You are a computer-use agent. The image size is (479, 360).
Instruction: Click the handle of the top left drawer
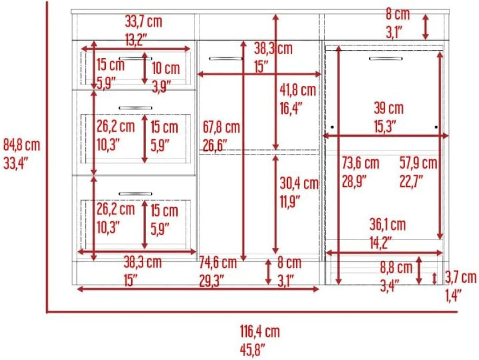pos(136,58)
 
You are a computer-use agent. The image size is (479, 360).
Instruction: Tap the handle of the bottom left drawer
pos(136,194)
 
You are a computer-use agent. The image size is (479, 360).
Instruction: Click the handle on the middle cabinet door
pos(226,58)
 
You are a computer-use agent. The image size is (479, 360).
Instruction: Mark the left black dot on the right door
pos(332,127)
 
